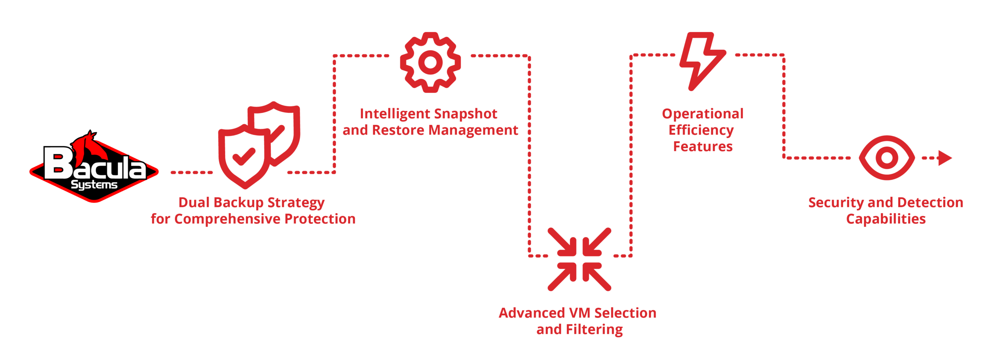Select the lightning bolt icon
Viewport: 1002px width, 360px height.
703,61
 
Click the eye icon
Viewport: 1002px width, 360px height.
887,158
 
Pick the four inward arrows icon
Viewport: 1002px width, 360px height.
580,259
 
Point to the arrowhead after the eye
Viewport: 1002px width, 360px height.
946,158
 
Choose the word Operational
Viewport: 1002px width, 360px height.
703,114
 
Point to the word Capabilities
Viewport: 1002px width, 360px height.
886,219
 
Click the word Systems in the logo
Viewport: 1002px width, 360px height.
94,184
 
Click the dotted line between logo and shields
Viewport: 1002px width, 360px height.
192,172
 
